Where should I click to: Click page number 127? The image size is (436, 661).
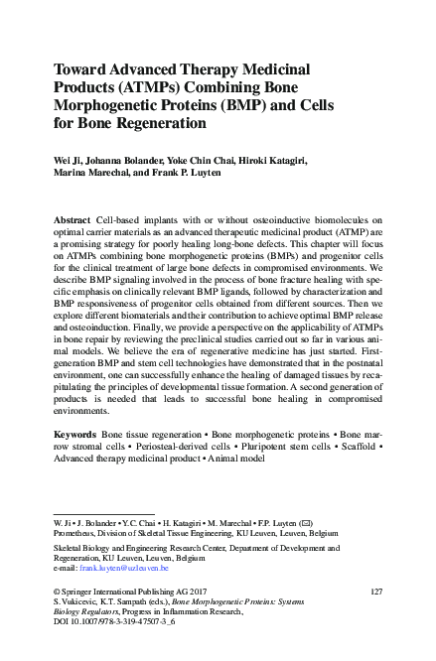375,592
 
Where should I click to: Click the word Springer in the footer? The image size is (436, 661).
76,592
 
